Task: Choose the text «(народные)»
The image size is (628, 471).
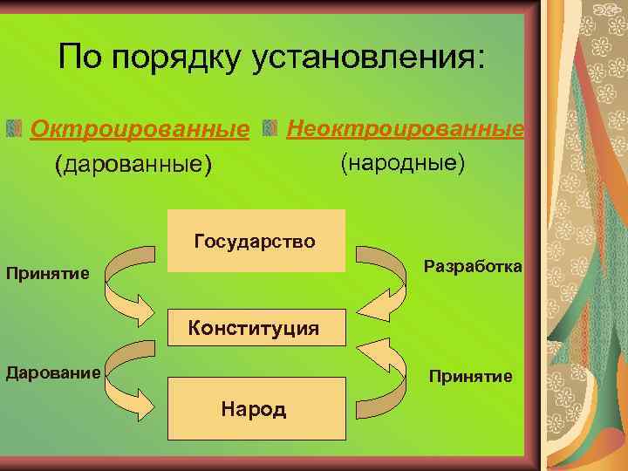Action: point(402,163)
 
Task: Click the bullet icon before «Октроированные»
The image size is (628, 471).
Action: point(14,130)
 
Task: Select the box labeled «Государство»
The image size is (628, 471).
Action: point(256,241)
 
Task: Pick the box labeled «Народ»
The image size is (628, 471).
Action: point(254,408)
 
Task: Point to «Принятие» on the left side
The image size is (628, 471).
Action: point(47,274)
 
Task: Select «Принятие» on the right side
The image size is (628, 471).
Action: point(469,376)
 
